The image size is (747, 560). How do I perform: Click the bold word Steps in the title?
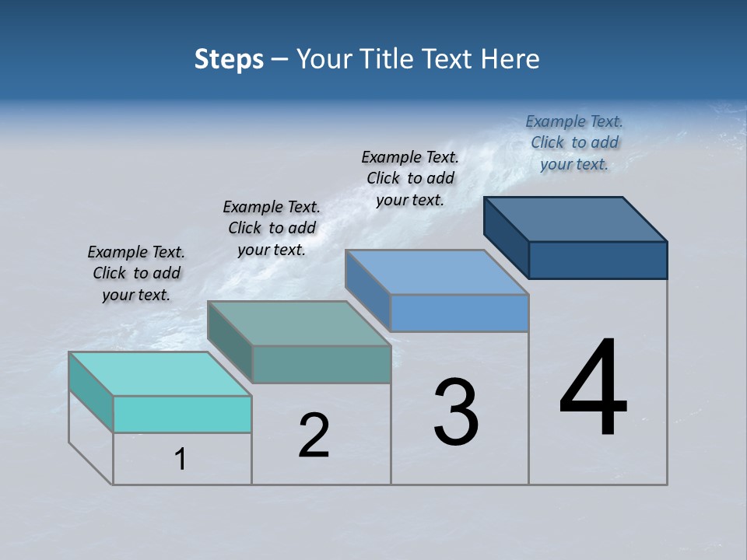point(229,59)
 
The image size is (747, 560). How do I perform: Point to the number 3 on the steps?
point(456,412)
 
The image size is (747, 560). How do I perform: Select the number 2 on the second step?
point(314,436)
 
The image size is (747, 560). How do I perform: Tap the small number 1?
point(181,460)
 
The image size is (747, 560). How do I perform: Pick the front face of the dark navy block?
point(598,260)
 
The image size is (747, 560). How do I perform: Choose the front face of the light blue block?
point(459,313)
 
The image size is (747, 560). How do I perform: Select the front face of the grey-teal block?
point(321,364)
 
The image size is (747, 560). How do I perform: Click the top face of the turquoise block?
point(160,373)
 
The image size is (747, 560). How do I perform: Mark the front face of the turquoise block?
point(182,414)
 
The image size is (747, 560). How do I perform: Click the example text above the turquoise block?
point(136,273)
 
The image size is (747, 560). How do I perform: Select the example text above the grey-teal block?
point(272,228)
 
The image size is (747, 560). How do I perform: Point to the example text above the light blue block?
point(410,178)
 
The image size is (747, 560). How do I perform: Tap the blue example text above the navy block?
point(574,142)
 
